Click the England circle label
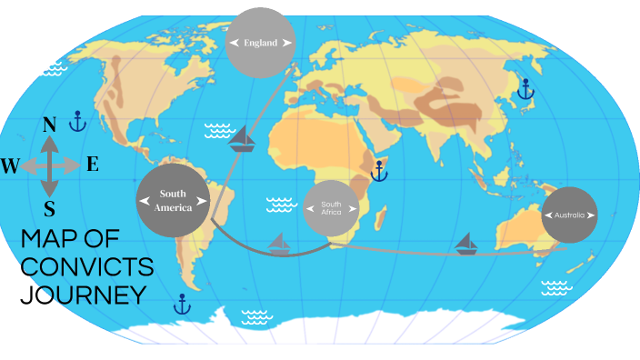[260, 43]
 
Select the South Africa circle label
[331, 209]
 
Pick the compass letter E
[93, 165]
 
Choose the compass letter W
[10, 165]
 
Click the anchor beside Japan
[525, 89]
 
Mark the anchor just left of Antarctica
[183, 304]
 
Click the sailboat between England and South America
[243, 138]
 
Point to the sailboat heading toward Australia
[466, 243]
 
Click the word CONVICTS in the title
[86, 267]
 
